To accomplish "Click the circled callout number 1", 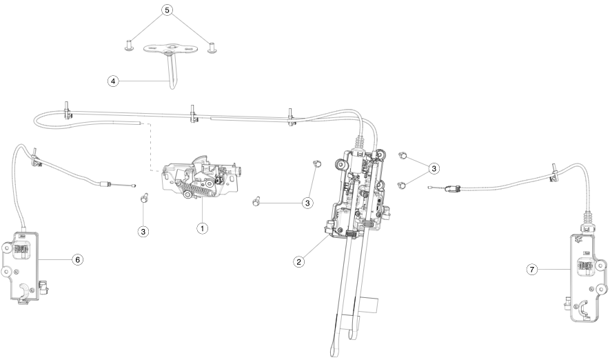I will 202,227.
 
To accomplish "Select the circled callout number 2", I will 299,261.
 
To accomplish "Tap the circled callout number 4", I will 112,81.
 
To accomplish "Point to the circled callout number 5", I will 166,11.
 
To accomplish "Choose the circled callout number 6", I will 77,259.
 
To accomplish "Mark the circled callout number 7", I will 532,270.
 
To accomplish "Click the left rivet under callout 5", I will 128,46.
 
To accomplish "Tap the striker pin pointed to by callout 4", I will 170,72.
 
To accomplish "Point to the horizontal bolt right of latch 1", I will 256,202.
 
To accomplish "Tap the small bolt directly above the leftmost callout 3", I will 143,199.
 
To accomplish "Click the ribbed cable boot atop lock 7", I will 588,221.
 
